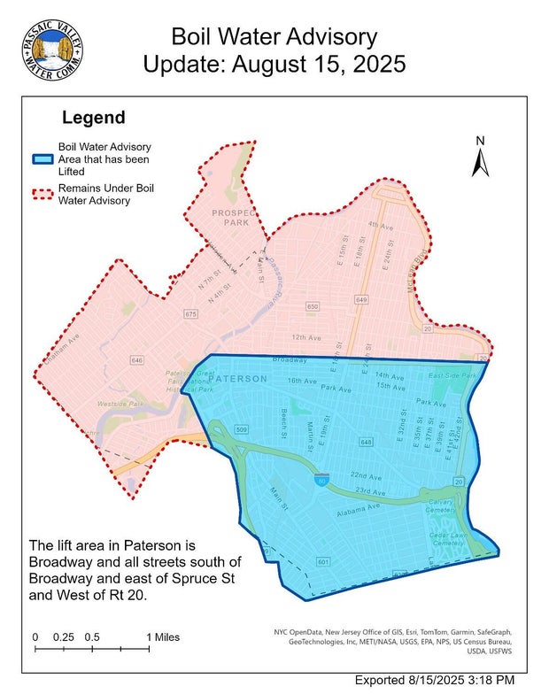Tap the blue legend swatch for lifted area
coord(45,158)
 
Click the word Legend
coord(93,118)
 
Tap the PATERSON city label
coord(238,379)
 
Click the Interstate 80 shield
coord(320,478)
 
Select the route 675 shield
coord(190,314)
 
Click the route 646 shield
coord(137,360)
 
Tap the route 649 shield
coord(361,300)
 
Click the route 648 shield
coord(367,440)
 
